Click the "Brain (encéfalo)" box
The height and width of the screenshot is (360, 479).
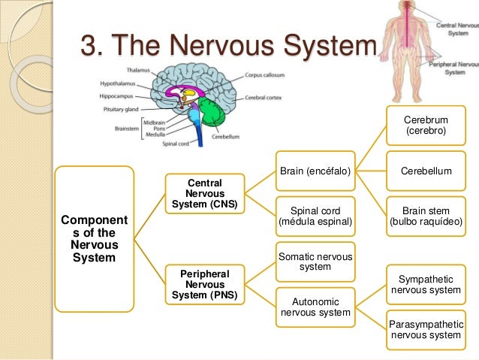(315, 171)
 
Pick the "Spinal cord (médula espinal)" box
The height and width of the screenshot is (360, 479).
(315, 215)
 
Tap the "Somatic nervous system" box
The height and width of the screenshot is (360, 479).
(315, 261)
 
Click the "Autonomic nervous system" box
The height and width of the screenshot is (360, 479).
(315, 307)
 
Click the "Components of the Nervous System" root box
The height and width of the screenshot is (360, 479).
(95, 237)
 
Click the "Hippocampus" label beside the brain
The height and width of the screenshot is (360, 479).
(119, 95)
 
